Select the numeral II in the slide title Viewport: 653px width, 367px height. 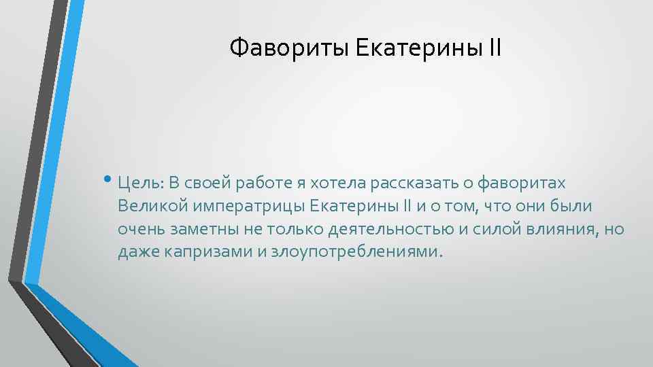[494, 48]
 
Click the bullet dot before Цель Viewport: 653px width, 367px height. [110, 180]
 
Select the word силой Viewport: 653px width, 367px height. [492, 229]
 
